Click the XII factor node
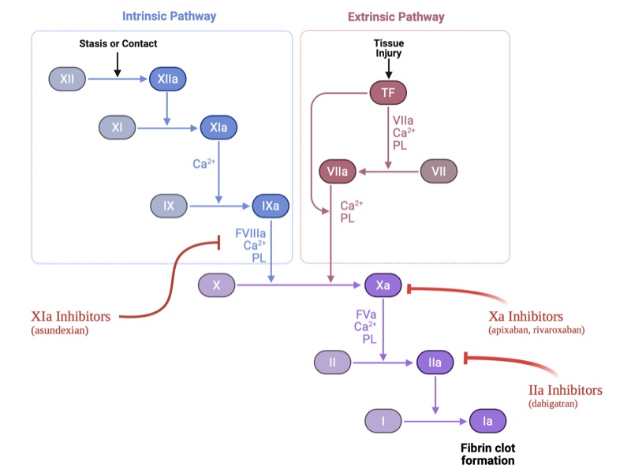[67, 79]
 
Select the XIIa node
[168, 79]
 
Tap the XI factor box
[116, 127]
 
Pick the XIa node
[218, 127]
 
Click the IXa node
[271, 206]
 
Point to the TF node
[388, 92]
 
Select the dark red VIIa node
[338, 170]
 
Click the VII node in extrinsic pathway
[439, 170]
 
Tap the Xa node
[383, 284]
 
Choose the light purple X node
[216, 284]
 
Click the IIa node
[435, 362]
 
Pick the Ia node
[487, 421]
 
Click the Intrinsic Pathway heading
[169, 17]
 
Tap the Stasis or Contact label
[118, 43]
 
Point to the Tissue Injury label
[389, 47]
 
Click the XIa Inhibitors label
[71, 317]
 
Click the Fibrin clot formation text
[487, 454]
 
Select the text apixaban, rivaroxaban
[536, 330]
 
